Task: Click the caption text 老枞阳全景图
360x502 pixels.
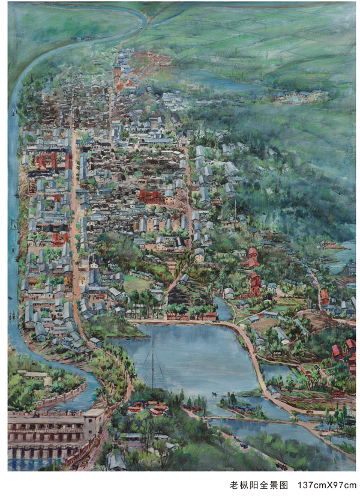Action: point(259,485)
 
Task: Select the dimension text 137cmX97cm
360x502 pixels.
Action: point(326,485)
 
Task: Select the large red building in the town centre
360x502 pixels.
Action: point(150,196)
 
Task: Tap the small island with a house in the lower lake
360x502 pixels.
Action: point(237,401)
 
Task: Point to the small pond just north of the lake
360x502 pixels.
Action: point(223,310)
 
